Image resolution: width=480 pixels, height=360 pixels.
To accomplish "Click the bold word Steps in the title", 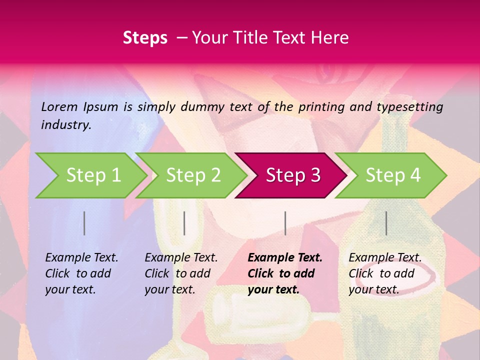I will pyautogui.click(x=145, y=38).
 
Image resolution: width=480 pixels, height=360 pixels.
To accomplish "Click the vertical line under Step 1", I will pyautogui.click(x=84, y=223).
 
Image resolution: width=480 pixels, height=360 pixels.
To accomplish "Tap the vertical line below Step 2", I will pyautogui.click(x=184, y=223).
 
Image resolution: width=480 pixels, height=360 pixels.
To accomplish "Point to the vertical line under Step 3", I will pyautogui.click(x=285, y=223).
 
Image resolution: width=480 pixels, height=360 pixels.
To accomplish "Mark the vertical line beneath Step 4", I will pyautogui.click(x=386, y=223).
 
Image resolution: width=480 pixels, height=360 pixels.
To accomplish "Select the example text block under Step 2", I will pyautogui.click(x=181, y=273).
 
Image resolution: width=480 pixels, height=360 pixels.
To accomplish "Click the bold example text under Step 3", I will pyautogui.click(x=285, y=273).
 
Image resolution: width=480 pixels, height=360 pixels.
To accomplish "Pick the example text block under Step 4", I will pyautogui.click(x=385, y=273).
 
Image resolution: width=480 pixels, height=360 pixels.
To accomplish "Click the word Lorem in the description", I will pyautogui.click(x=59, y=107).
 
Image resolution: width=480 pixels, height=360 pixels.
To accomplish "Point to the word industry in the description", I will pyautogui.click(x=65, y=125).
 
